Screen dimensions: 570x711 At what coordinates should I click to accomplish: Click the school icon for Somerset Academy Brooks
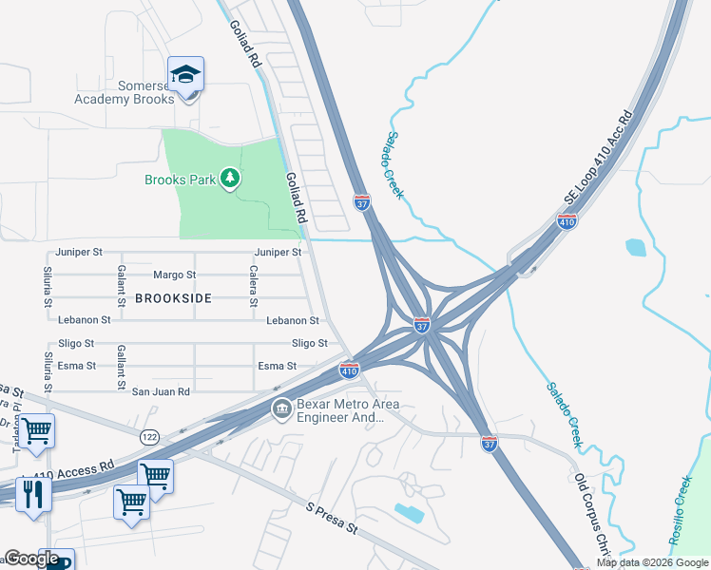tap(185, 72)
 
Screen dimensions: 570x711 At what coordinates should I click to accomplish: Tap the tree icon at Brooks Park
tap(229, 177)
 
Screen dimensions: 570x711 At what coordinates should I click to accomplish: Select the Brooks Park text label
tap(180, 179)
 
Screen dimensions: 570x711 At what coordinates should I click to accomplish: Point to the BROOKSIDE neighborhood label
tap(172, 297)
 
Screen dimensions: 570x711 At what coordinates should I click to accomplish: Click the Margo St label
tap(175, 275)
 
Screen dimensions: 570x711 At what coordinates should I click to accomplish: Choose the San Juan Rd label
tap(161, 391)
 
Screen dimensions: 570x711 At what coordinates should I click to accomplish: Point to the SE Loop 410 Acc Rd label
tap(599, 157)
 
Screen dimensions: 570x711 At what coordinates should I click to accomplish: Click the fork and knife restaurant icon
tap(33, 494)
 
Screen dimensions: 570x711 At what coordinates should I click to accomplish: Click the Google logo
tap(31, 559)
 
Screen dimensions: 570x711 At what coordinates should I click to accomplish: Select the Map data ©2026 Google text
tap(651, 562)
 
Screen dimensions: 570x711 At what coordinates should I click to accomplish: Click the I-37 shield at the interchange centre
tap(422, 325)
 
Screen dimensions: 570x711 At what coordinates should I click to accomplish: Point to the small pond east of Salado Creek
tap(635, 248)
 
